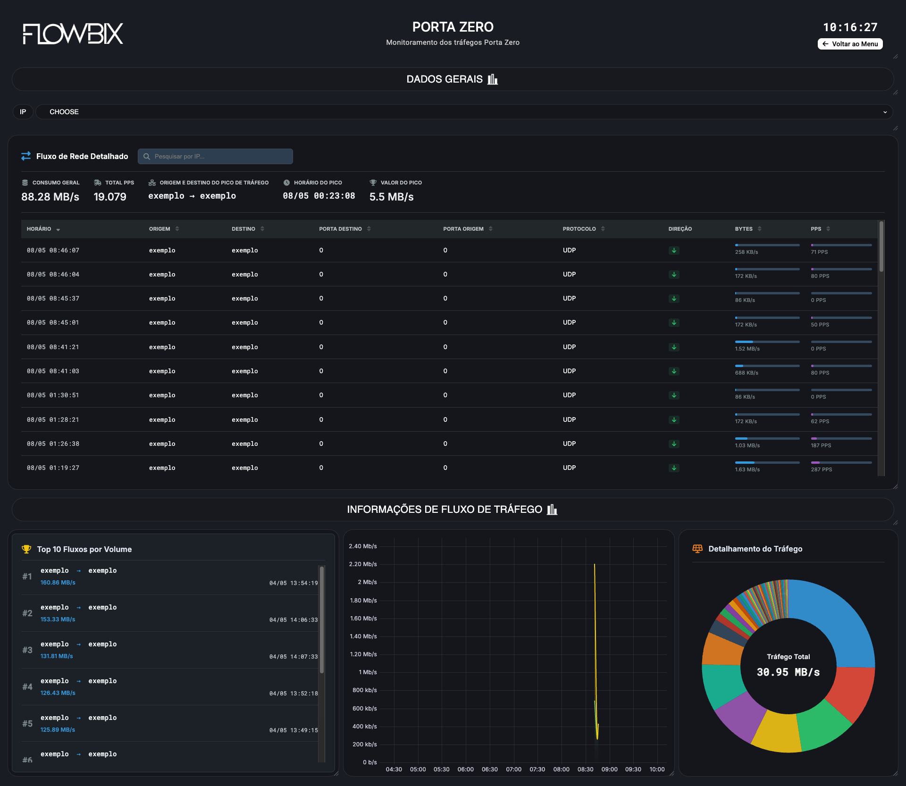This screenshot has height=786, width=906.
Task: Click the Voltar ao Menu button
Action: coord(850,44)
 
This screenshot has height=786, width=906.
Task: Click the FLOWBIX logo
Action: coord(73,33)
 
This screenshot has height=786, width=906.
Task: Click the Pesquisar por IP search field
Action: coord(215,156)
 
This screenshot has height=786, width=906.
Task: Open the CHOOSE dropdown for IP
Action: coord(464,112)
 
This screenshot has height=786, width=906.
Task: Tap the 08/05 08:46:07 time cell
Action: coord(53,251)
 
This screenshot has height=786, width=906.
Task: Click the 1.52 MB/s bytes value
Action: coord(747,349)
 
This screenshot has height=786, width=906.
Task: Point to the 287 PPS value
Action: coord(821,469)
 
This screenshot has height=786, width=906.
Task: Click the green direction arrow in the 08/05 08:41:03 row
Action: coord(674,371)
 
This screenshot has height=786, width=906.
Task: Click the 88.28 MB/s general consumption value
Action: coord(50,197)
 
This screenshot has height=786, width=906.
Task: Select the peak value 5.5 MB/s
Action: coord(391,197)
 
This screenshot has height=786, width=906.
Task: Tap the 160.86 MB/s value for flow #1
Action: coord(58,583)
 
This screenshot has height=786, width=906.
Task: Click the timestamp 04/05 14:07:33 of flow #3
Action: coord(294,657)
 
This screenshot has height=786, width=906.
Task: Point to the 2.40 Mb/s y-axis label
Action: coord(363,546)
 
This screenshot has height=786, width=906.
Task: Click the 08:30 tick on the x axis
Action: coord(585,769)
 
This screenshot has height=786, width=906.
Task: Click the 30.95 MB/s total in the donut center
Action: coord(788,672)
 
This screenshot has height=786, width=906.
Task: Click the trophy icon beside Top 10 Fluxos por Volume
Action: coord(26,549)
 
